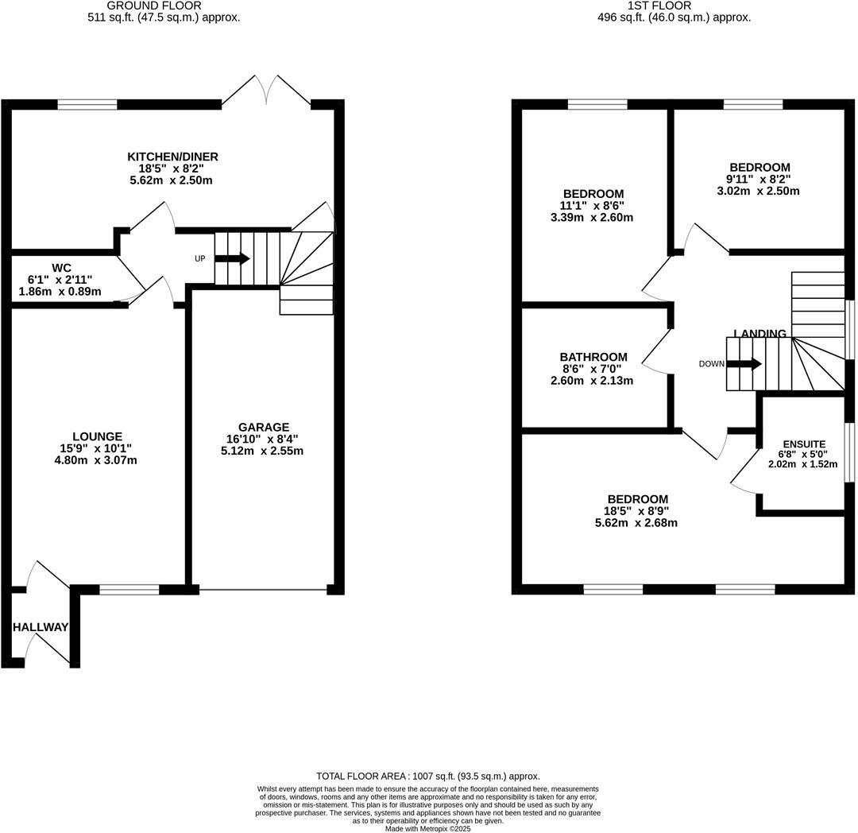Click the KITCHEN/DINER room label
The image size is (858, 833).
(172, 157)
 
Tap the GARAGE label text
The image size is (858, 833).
(265, 427)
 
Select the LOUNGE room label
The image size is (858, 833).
(97, 436)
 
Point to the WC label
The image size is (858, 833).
(61, 268)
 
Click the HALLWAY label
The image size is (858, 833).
(41, 627)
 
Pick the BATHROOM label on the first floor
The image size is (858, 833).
(593, 357)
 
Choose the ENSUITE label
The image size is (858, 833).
(804, 444)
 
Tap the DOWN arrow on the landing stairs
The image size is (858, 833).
(744, 364)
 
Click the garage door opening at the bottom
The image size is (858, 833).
(263, 590)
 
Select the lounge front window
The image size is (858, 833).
(129, 590)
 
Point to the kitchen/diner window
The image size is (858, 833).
(87, 104)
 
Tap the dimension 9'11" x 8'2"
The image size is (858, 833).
(759, 179)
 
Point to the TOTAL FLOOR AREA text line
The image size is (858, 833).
(428, 776)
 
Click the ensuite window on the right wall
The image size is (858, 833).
(849, 452)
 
